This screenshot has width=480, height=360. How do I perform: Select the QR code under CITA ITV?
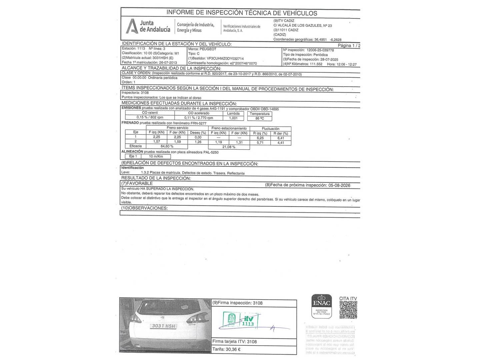click(348, 310)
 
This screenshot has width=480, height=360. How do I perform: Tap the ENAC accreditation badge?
click(321, 305)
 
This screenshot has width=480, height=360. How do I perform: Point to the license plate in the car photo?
click(163, 326)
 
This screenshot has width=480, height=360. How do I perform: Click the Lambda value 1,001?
click(233, 118)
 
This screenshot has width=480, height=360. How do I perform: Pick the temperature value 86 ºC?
click(260, 118)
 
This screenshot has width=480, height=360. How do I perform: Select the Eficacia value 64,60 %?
click(167, 146)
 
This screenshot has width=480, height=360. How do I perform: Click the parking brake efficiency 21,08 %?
click(229, 147)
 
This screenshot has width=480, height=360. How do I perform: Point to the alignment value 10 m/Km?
click(156, 156)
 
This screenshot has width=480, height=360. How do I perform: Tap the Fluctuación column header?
click(270, 129)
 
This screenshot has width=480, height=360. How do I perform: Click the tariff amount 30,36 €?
click(233, 349)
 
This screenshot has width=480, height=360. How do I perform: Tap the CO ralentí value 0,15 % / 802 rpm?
click(150, 118)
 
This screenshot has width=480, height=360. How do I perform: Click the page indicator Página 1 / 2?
click(349, 46)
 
